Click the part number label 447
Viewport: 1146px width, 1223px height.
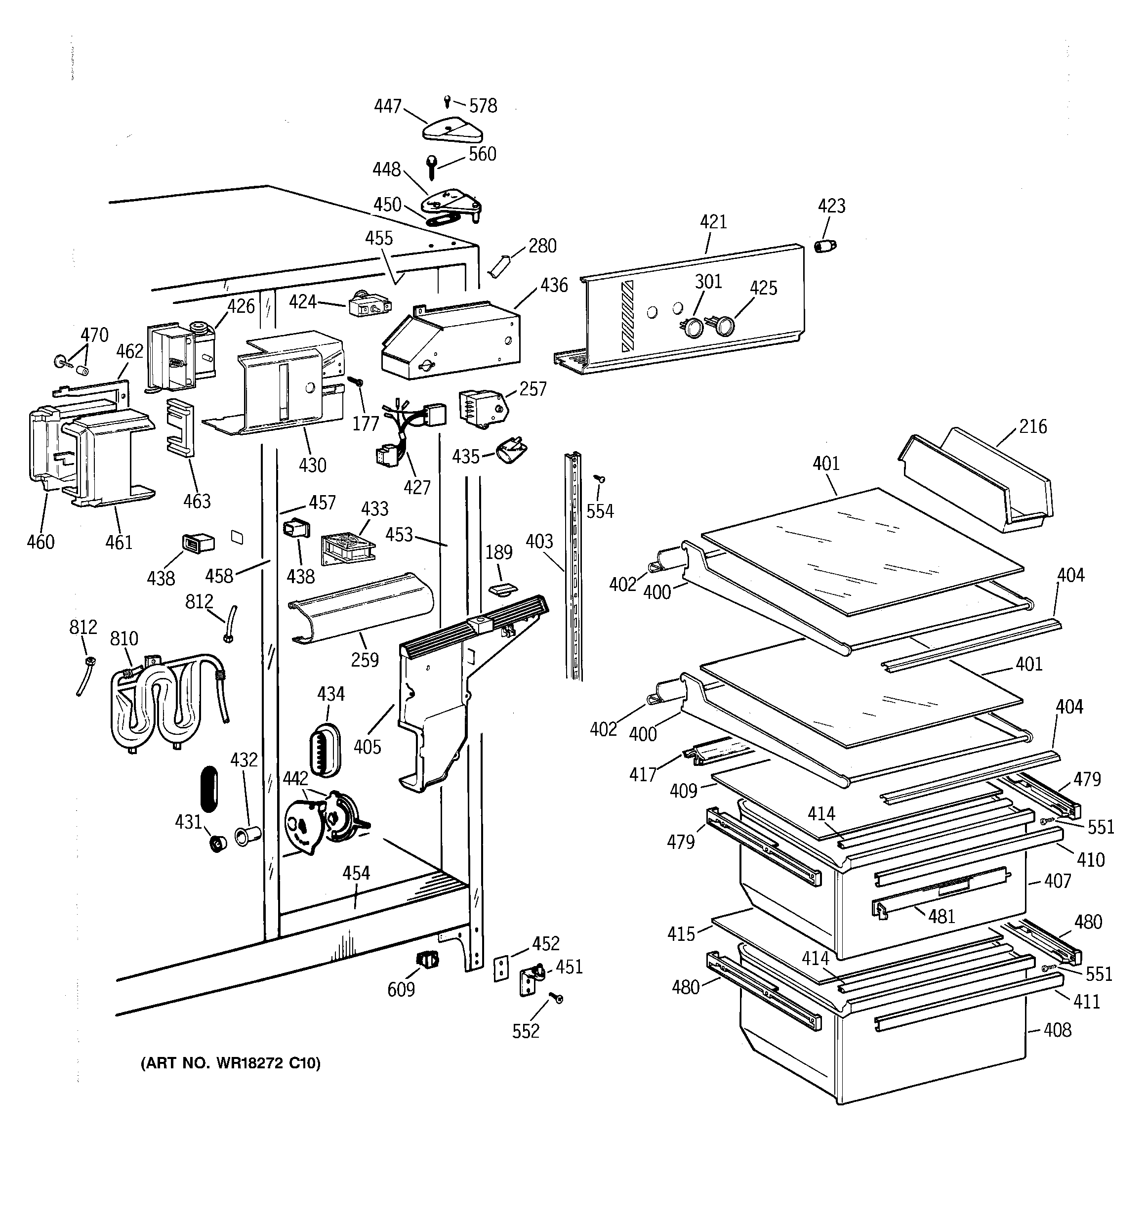pos(388,106)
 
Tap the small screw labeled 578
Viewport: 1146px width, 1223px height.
pos(447,101)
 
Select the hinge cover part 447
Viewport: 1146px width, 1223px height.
pos(452,128)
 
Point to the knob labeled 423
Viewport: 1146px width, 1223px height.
pos(825,246)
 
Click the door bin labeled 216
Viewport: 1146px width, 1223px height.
pos(978,480)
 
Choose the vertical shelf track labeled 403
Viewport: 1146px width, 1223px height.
pos(573,566)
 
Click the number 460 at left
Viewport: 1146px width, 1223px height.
pos(41,542)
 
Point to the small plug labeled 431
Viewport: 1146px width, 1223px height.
pos(216,843)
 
